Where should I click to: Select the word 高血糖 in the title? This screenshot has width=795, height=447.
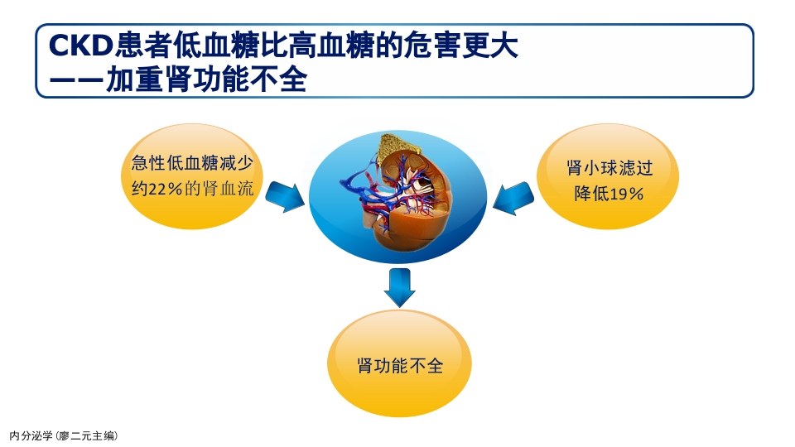point(321,46)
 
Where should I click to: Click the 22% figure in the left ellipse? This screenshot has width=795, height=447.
point(165,189)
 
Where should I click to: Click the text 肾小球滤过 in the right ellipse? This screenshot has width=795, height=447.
point(609,168)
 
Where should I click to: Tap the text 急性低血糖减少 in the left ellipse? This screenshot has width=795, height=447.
point(190,162)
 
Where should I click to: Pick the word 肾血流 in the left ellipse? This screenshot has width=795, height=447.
point(230,189)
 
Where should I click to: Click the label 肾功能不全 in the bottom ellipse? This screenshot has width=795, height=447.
point(400,365)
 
